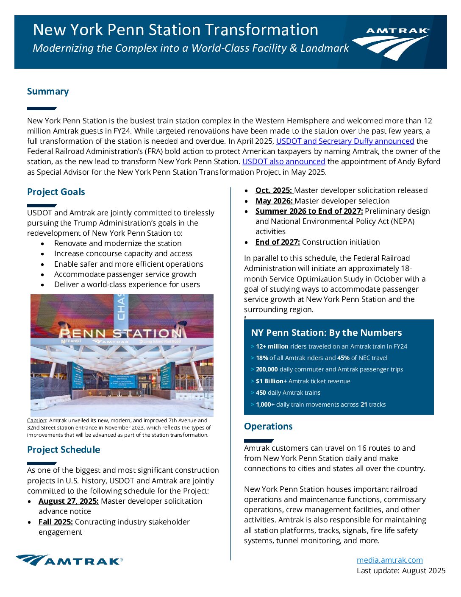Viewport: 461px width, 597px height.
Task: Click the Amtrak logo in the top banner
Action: (x=391, y=43)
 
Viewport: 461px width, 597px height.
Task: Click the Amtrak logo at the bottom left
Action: (x=69, y=560)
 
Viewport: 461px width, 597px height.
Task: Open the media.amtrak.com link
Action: (x=389, y=560)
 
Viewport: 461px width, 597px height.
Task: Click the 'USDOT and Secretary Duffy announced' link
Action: (x=345, y=141)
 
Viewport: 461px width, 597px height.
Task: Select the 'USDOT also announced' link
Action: (x=283, y=162)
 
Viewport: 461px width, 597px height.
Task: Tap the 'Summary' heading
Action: (x=48, y=92)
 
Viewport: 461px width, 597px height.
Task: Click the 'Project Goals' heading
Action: (x=56, y=192)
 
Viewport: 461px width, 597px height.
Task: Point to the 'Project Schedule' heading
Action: (x=64, y=450)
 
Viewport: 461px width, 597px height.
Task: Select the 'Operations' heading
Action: (x=268, y=427)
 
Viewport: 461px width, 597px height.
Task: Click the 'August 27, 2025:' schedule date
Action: (x=68, y=501)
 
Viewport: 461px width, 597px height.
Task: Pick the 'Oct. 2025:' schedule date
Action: (x=274, y=190)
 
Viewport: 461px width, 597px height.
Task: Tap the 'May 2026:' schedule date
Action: (x=274, y=201)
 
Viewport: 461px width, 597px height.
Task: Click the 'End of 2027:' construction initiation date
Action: (x=278, y=242)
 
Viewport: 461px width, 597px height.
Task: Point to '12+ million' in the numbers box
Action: (x=272, y=346)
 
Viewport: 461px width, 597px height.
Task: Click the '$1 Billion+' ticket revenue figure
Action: (x=271, y=381)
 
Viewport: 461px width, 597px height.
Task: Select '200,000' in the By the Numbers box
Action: (x=267, y=370)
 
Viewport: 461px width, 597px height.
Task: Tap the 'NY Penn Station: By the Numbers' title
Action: (x=326, y=333)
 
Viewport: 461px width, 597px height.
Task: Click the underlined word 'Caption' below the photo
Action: (x=36, y=421)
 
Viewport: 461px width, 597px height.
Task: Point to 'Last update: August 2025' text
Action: (x=401, y=571)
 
